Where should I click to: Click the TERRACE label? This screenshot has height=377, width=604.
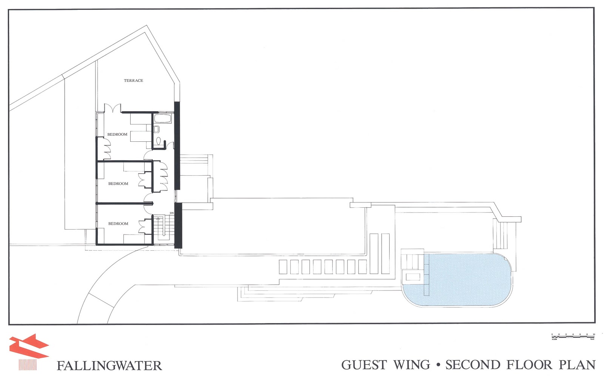pyautogui.click(x=133, y=80)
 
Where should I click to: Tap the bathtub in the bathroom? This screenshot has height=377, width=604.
pyautogui.click(x=163, y=119)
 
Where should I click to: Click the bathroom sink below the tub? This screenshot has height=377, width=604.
pyautogui.click(x=157, y=129)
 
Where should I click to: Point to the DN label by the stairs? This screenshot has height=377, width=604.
pyautogui.click(x=172, y=213)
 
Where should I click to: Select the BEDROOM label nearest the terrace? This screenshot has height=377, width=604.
pyautogui.click(x=117, y=134)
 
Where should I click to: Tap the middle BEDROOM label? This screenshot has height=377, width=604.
pyautogui.click(x=118, y=184)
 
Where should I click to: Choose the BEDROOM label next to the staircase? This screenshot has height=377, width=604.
pyautogui.click(x=118, y=224)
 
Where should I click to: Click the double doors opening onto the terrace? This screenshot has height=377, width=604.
pyautogui.click(x=112, y=108)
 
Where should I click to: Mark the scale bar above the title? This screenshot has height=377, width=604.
pyautogui.click(x=573, y=336)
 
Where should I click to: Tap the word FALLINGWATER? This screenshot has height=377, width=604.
pyautogui.click(x=109, y=366)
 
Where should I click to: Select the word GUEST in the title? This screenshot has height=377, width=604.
pyautogui.click(x=364, y=365)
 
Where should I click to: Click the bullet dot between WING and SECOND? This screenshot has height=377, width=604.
pyautogui.click(x=438, y=365)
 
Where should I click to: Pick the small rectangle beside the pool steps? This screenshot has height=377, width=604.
pyautogui.click(x=412, y=277)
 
